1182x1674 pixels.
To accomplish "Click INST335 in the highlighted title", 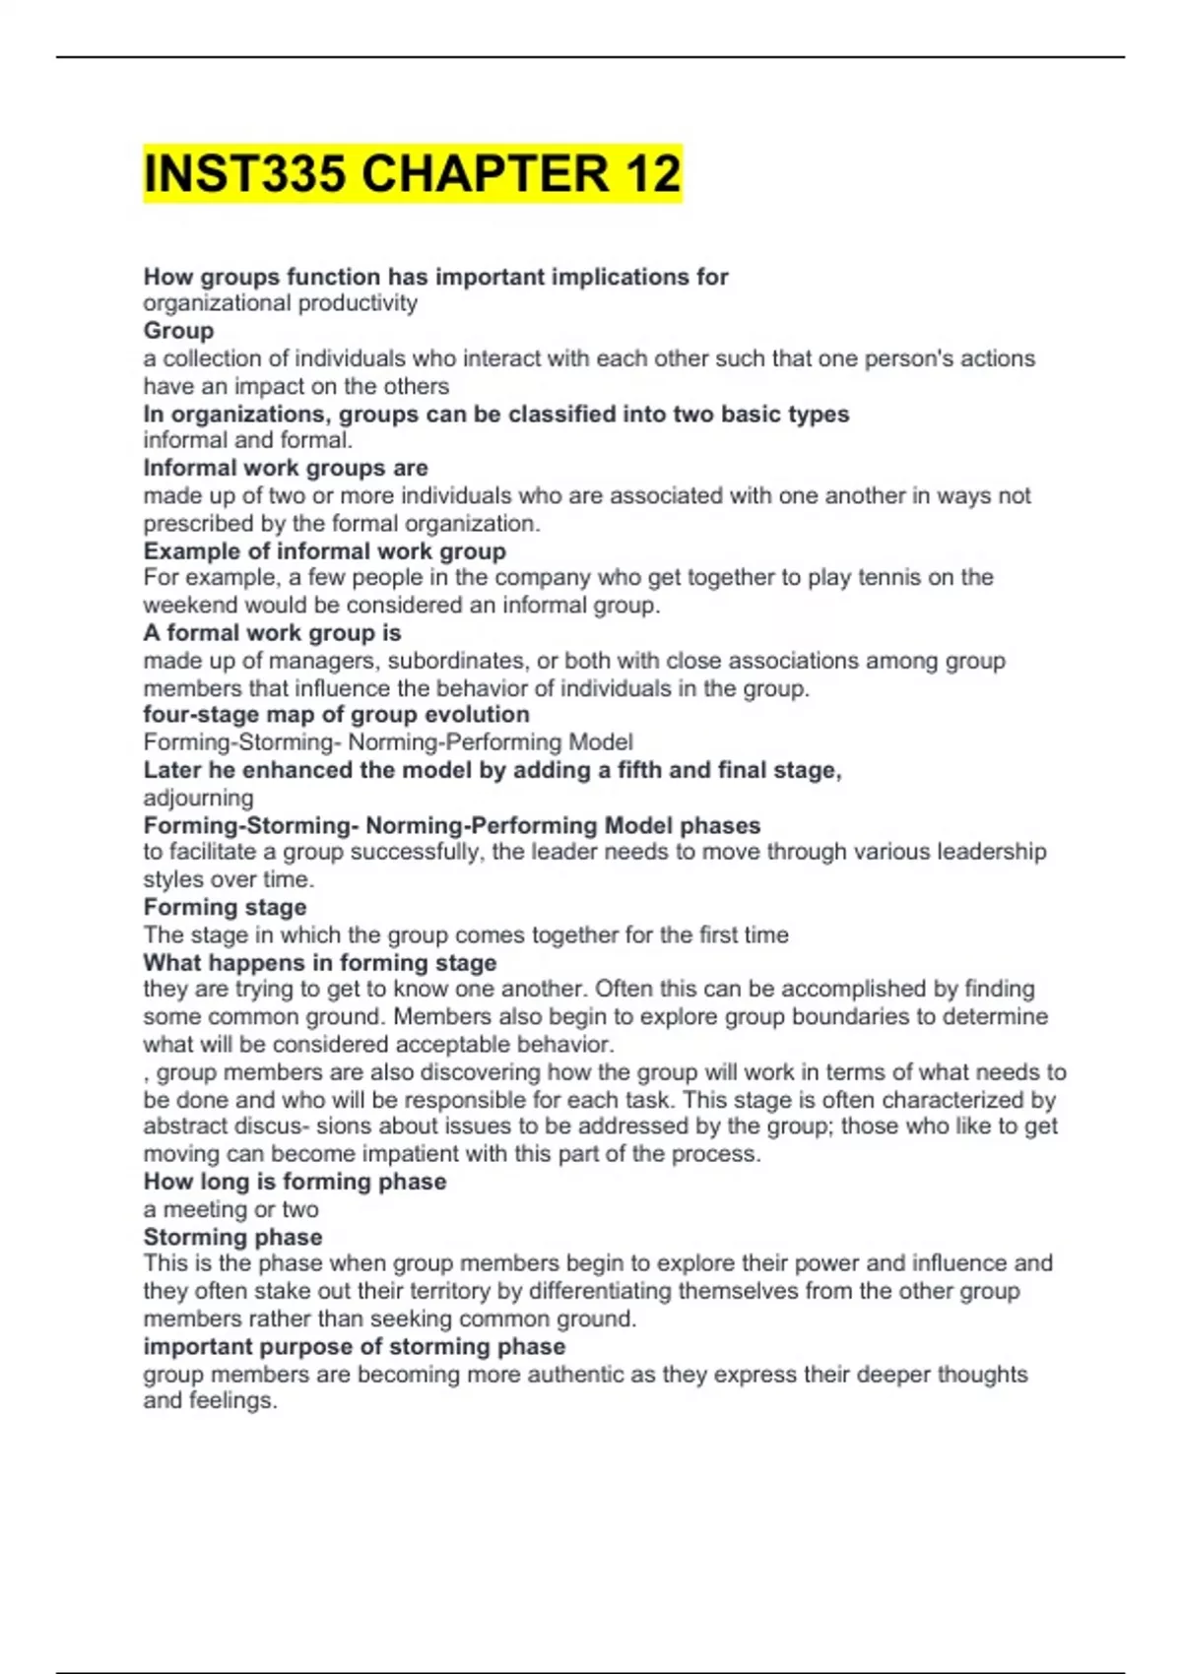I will click(243, 174).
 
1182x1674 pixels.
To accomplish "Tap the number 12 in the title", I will click(651, 174).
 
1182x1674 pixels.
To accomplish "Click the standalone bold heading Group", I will click(178, 331).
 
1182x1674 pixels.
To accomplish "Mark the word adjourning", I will click(198, 798).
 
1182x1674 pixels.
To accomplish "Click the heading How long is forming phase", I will click(295, 1182).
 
